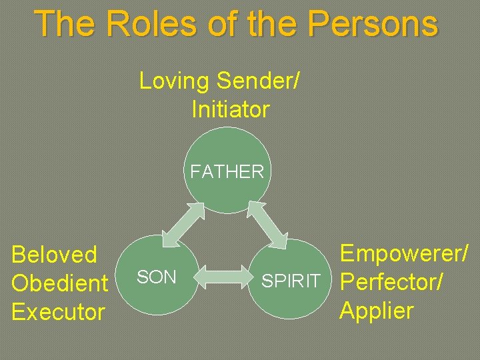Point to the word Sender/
[x=259, y=81]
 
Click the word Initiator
[x=230, y=109]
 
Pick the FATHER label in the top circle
[x=227, y=171]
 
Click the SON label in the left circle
[x=156, y=277]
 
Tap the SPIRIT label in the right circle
[x=291, y=281]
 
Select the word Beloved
[x=55, y=255]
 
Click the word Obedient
[x=60, y=283]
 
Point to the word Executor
[x=59, y=311]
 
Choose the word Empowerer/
[x=404, y=253]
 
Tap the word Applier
[x=377, y=310]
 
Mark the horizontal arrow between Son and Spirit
[x=223, y=276]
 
